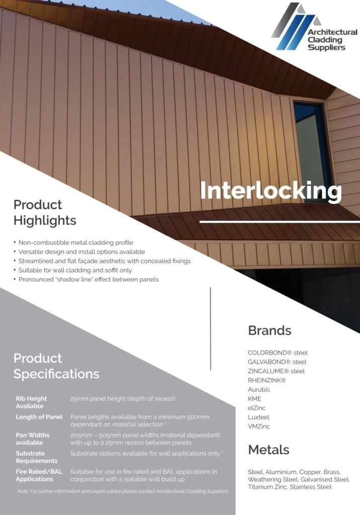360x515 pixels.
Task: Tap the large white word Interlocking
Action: click(271, 191)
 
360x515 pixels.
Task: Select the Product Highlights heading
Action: click(45, 212)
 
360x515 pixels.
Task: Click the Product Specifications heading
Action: click(56, 366)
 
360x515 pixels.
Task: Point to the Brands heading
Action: click(269, 330)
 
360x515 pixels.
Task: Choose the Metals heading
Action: click(268, 449)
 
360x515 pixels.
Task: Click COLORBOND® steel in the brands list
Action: click(278, 353)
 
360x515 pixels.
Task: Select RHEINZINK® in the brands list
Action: click(267, 380)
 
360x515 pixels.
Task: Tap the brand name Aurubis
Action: click(259, 389)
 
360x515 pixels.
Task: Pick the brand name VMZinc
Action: click(259, 426)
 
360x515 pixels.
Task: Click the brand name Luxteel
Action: click(258, 417)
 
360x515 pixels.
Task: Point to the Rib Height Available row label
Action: click(31, 402)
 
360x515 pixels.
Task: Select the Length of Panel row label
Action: click(39, 417)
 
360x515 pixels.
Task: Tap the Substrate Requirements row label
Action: click(37, 457)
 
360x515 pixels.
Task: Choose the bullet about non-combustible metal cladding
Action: click(75, 242)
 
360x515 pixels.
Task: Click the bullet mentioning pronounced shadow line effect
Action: click(88, 279)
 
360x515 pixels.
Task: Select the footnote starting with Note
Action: click(122, 491)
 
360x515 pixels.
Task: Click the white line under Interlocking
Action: click(280, 221)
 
